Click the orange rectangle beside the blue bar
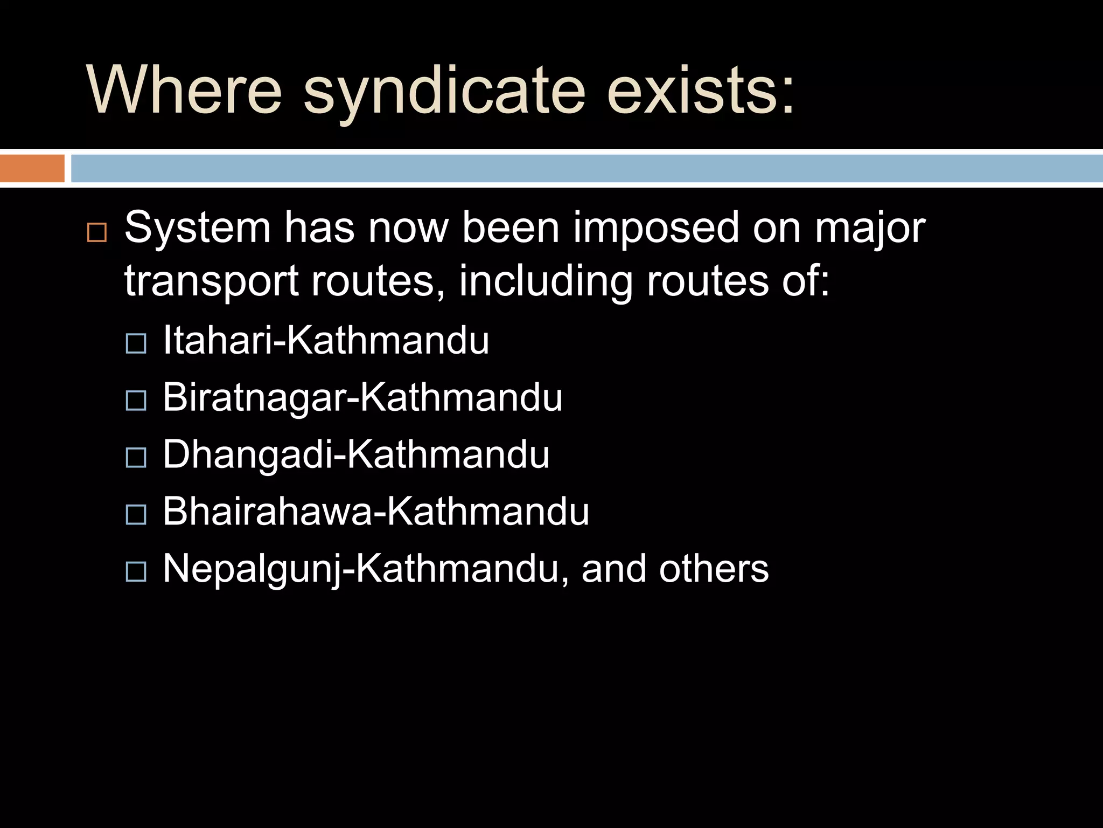[x=32, y=168]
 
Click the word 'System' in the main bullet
[x=197, y=228]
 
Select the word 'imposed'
[x=656, y=228]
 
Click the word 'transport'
[x=211, y=281]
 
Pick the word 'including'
[x=546, y=281]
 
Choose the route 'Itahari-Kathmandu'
[x=326, y=340]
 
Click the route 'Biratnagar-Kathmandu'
[x=362, y=397]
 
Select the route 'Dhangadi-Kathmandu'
[x=356, y=454]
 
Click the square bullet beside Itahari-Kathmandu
[x=136, y=343]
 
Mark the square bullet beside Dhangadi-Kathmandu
[x=136, y=458]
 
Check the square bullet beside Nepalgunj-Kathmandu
[x=136, y=571]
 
